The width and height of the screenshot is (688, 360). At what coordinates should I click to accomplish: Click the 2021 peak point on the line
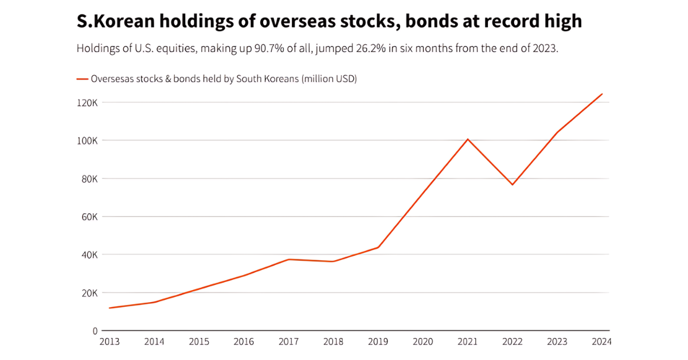[x=468, y=139]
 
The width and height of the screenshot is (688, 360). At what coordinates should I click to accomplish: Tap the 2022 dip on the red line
[x=513, y=185]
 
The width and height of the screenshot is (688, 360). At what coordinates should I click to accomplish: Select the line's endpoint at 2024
[x=602, y=94]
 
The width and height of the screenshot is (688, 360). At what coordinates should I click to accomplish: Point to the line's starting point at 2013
[x=110, y=308]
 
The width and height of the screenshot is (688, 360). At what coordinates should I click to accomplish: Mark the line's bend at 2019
[x=378, y=247]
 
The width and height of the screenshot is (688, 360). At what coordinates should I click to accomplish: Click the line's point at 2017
[x=288, y=259]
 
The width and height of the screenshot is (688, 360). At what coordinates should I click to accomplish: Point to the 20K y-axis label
[x=89, y=293]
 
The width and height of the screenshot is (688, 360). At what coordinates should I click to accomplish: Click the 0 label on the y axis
[x=95, y=331]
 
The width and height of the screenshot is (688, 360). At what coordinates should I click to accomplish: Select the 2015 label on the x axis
[x=199, y=342]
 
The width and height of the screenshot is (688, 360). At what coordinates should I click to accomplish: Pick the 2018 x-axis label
[x=333, y=342]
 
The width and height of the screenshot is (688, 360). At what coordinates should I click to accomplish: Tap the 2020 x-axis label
[x=423, y=342]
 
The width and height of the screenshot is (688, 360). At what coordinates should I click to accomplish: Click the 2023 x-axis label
[x=557, y=342]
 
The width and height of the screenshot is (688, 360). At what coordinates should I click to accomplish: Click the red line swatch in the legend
[x=82, y=79]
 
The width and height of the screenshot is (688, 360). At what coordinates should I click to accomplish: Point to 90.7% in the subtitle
[x=268, y=49]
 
